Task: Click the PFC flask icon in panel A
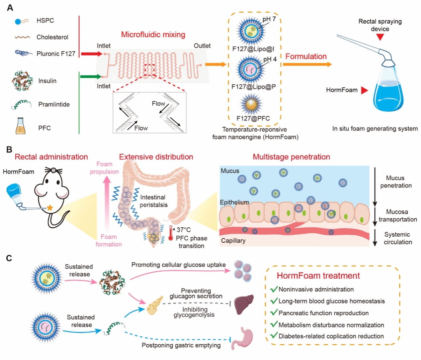(20, 126)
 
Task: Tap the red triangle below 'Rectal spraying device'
(380, 37)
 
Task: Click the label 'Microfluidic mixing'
(153, 35)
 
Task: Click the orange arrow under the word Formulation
(307, 64)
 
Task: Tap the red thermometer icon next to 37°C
(171, 233)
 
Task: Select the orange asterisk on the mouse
(50, 208)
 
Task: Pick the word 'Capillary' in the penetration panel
(233, 240)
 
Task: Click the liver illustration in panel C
(244, 304)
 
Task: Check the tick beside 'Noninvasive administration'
(274, 289)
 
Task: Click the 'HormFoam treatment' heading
(318, 276)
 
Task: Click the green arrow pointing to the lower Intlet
(90, 76)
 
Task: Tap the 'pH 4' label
(270, 59)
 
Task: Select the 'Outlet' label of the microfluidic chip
(202, 46)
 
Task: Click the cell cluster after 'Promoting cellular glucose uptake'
(243, 271)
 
